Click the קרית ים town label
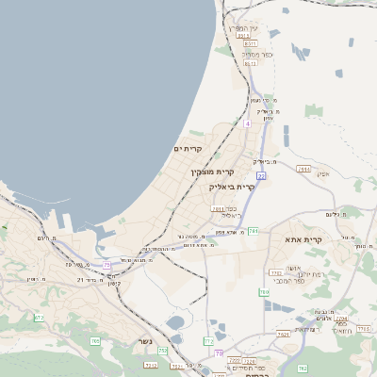point(188,149)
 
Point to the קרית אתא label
point(304,240)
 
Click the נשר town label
point(145,341)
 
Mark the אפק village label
point(323,173)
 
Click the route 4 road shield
point(248,123)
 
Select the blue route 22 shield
point(261,176)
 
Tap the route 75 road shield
point(107,264)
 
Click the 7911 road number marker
point(218,209)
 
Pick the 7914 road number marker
point(303,169)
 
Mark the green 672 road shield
point(39,318)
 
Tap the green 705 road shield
point(95,340)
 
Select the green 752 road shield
point(162,351)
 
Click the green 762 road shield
point(303,368)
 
